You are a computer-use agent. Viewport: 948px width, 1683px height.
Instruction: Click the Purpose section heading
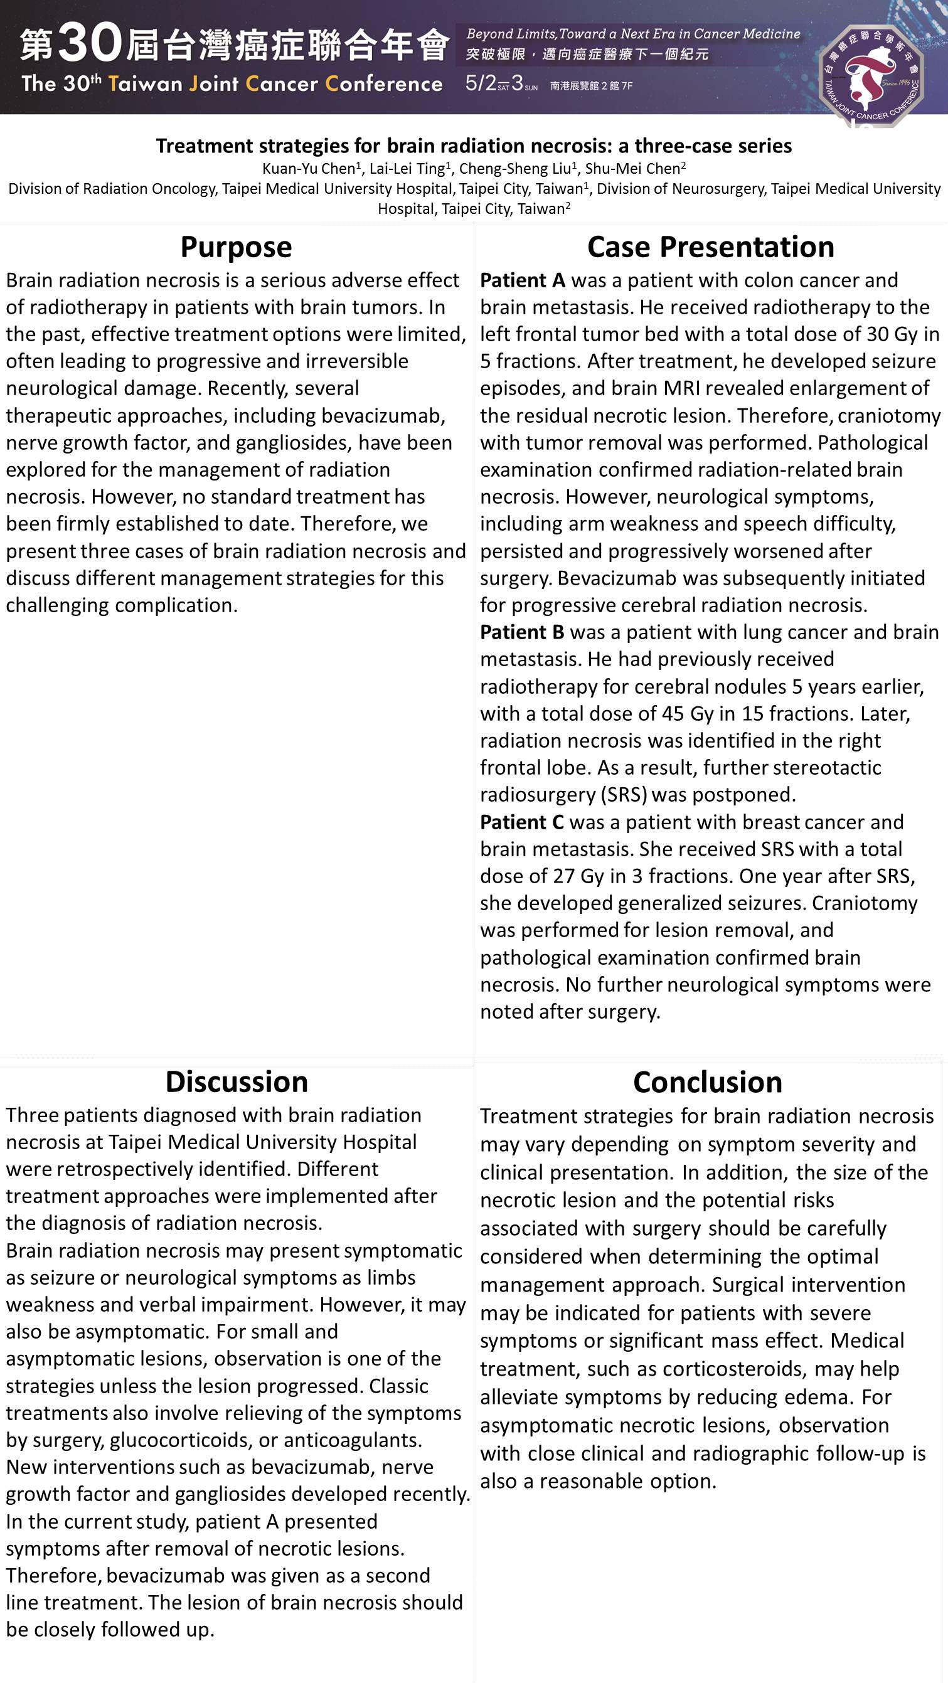pos(236,247)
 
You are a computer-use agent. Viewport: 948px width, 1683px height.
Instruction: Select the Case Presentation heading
pos(710,247)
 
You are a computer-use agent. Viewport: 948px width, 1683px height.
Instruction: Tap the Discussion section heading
pos(237,1082)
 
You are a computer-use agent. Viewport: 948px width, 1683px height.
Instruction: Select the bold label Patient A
pos(522,280)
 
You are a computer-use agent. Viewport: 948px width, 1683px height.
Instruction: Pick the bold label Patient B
pos(522,632)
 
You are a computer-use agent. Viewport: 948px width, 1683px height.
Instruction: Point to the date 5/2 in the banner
pos(480,83)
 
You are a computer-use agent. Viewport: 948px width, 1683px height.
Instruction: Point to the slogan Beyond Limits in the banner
pos(510,34)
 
